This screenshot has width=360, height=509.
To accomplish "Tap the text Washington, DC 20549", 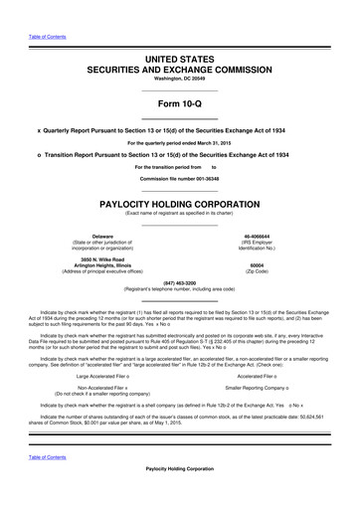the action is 179,51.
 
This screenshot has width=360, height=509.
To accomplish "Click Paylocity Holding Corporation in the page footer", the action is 179,497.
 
